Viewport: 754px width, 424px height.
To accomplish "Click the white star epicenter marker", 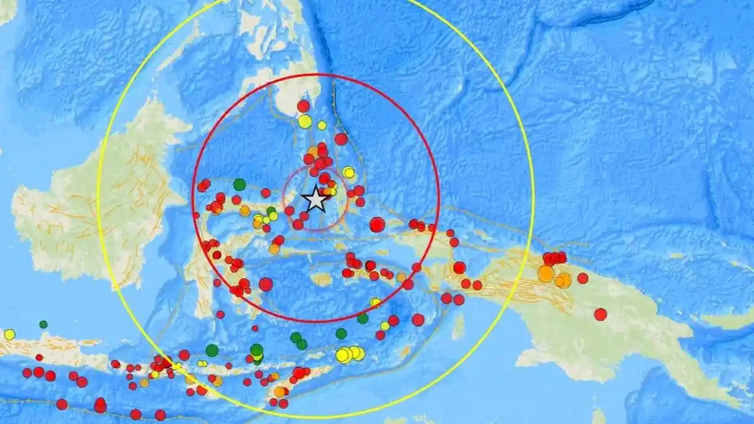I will (x=315, y=200).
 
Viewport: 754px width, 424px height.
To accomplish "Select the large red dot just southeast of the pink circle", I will (x=377, y=224).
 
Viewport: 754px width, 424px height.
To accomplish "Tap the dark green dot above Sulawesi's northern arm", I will (x=239, y=185).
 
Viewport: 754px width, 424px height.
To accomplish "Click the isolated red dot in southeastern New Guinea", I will (x=601, y=314).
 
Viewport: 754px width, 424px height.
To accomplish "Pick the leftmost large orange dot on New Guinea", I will (x=545, y=274).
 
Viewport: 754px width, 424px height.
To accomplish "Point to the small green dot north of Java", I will (x=43, y=324).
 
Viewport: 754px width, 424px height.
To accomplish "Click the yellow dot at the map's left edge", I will (x=9, y=334).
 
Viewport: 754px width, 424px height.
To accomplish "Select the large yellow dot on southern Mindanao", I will (x=305, y=121).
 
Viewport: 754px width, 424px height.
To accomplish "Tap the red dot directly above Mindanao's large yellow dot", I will (x=303, y=106).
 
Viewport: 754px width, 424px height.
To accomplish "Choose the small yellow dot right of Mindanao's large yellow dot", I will (x=322, y=126).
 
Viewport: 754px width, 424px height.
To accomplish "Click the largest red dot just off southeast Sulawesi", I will (x=266, y=285).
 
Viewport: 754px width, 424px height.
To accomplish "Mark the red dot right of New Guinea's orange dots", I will (x=582, y=278).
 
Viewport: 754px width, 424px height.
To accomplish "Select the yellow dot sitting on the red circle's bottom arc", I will (x=375, y=302).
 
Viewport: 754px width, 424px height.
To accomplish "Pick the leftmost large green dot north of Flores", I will (x=212, y=350).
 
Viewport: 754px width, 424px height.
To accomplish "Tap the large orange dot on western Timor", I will (x=280, y=392).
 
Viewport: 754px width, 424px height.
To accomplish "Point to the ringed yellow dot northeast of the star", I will (x=349, y=172).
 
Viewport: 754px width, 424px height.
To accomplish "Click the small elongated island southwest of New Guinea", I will (x=459, y=327).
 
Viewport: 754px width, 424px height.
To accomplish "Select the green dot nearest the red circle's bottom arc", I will (x=363, y=318).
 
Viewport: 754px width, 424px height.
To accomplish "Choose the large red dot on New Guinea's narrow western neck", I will (x=459, y=268).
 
